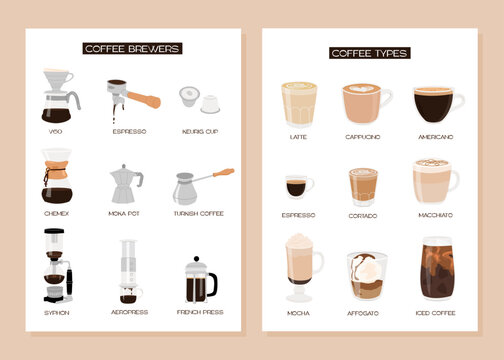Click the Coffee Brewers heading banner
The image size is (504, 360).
coord(132,47)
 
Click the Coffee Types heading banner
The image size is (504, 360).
coord(369,52)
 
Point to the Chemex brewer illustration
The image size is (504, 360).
coord(59,177)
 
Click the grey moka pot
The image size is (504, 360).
coord(125,184)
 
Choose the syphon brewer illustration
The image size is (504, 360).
coord(58,264)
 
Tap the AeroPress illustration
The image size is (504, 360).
coord(128,271)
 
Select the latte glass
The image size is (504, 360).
coord(297,104)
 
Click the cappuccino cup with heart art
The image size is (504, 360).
coord(365,103)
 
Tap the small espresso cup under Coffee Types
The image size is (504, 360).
coord(298,187)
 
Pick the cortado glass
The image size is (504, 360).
coord(363,186)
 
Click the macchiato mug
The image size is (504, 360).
coord(435,180)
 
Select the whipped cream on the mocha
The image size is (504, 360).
coord(299,242)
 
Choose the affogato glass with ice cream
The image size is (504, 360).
coord(367,275)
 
